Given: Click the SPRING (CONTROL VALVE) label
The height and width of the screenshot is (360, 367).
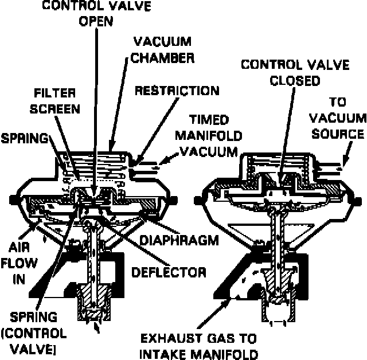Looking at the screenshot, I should (x=36, y=332).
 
